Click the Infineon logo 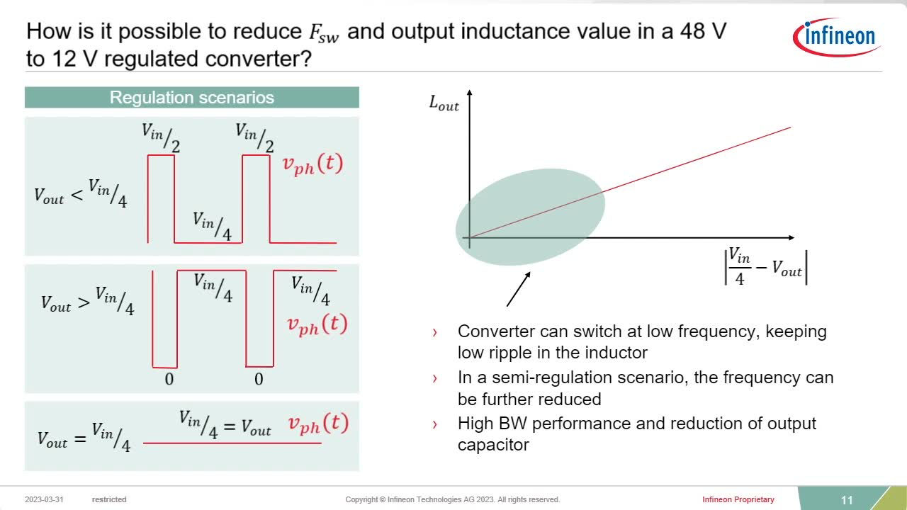point(837,37)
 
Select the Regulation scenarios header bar point(192,98)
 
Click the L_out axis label point(444,103)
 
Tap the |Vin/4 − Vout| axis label point(766,268)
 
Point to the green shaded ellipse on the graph point(531,217)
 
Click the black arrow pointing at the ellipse point(518,289)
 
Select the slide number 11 point(847,500)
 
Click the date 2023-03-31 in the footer point(44,499)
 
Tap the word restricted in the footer point(109,499)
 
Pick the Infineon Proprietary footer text point(738,499)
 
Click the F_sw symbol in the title point(324,33)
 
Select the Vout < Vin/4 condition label point(81,193)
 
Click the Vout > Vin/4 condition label point(87,301)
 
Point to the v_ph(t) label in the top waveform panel point(312,165)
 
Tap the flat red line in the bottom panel point(232,443)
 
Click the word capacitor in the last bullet point(493,445)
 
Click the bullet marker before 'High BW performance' point(435,424)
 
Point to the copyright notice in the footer point(452,499)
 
